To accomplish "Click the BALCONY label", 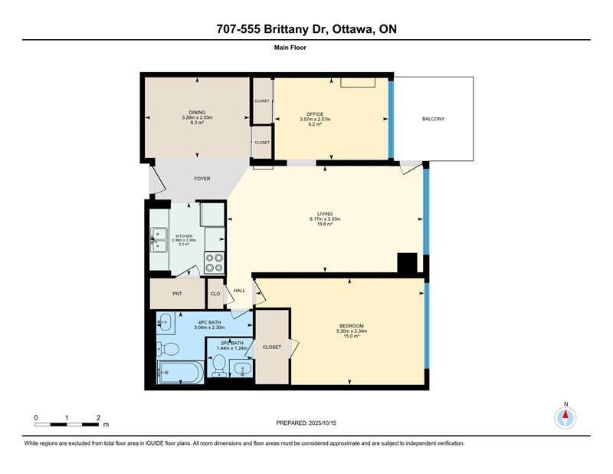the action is (x=433, y=119).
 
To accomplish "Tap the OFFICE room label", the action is (x=315, y=114).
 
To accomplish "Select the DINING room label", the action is (x=197, y=112).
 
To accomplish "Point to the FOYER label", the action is (x=202, y=179).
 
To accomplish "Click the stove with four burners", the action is (x=215, y=262).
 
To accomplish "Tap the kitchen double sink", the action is (x=159, y=240).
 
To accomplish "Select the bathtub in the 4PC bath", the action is (x=180, y=372).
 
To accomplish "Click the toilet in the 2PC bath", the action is (x=219, y=364).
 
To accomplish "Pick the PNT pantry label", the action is (x=177, y=294).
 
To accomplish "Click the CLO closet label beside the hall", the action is (x=215, y=294).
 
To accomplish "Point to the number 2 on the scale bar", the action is (x=98, y=418).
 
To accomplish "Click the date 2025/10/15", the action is (x=323, y=423).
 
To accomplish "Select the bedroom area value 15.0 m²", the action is (x=352, y=335).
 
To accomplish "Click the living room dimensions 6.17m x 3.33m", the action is (x=325, y=219).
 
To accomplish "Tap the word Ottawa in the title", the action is (x=352, y=29).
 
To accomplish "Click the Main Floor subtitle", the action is (x=290, y=48).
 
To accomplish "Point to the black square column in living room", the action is (x=408, y=262).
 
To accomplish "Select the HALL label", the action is (x=240, y=291).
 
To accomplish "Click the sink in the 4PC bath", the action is (x=166, y=323).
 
